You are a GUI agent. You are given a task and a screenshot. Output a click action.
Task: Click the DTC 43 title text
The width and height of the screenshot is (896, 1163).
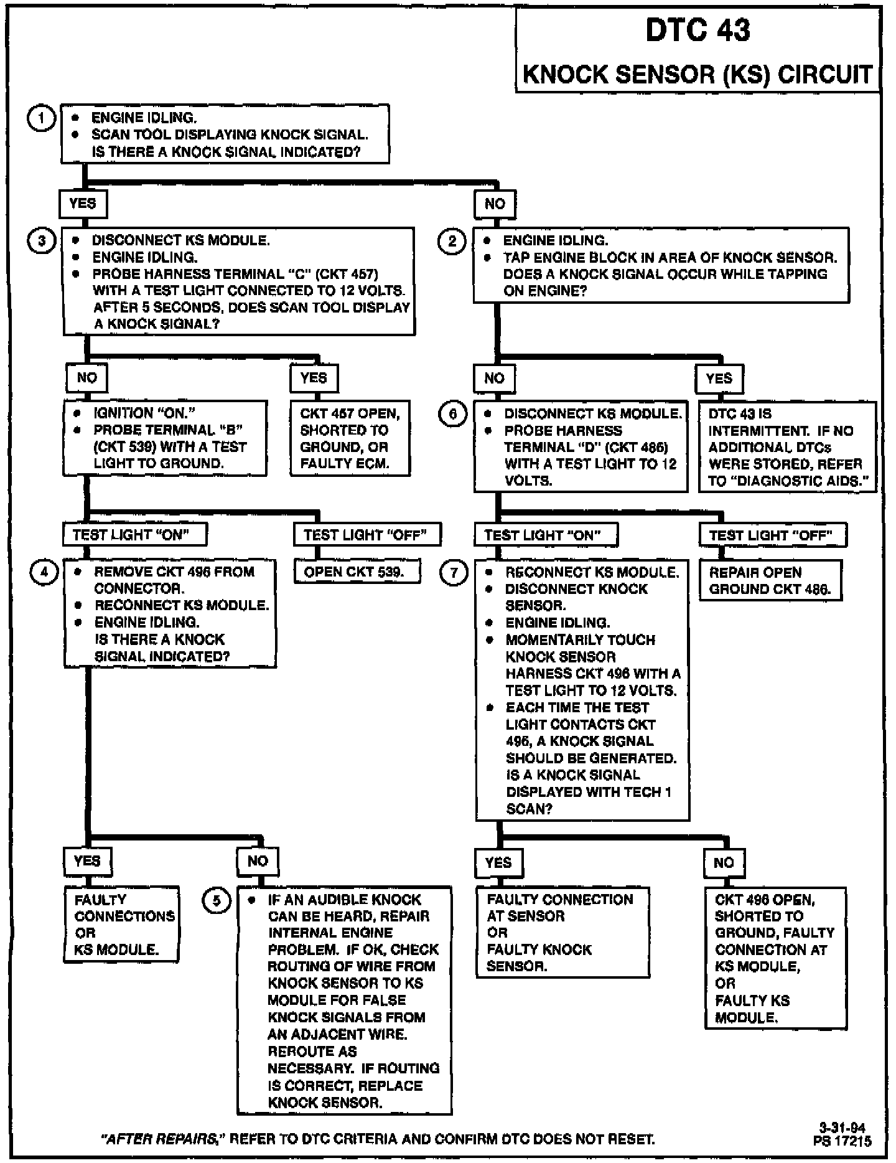coord(698,31)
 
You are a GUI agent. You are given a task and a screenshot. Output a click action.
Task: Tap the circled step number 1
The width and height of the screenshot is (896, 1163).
coord(42,118)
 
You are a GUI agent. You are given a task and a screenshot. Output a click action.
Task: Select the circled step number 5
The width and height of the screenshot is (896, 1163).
coord(217,900)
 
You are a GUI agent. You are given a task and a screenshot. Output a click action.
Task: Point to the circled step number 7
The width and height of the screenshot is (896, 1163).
coord(453,572)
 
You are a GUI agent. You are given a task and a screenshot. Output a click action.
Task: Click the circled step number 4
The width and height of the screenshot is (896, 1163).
coord(44,572)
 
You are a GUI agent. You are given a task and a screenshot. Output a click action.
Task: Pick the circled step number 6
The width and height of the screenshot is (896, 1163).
coord(453,414)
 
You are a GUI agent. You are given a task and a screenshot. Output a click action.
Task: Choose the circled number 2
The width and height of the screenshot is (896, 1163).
coord(452,241)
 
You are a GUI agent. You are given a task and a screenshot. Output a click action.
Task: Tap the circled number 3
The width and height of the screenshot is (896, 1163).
coord(42,241)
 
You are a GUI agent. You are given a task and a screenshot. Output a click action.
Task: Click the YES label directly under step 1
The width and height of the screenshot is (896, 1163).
coord(83,204)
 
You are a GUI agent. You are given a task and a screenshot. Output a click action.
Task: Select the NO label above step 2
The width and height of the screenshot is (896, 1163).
coord(495,204)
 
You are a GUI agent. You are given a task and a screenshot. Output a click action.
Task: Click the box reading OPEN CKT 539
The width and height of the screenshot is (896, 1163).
coord(357,572)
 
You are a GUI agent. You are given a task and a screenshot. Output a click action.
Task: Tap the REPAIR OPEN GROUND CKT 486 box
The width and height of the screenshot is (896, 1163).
coord(770,580)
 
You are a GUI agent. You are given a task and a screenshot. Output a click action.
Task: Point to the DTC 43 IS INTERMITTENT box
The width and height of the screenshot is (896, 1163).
coord(787,447)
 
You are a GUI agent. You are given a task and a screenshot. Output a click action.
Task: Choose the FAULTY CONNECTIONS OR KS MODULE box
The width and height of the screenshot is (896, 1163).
coord(122,925)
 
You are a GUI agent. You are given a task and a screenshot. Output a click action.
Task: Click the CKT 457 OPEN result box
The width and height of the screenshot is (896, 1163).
coord(350,438)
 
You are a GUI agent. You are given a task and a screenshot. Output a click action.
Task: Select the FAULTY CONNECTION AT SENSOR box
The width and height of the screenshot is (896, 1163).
coord(562,932)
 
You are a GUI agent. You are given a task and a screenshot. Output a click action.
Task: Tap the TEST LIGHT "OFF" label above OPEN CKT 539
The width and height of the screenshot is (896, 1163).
coord(367,534)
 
